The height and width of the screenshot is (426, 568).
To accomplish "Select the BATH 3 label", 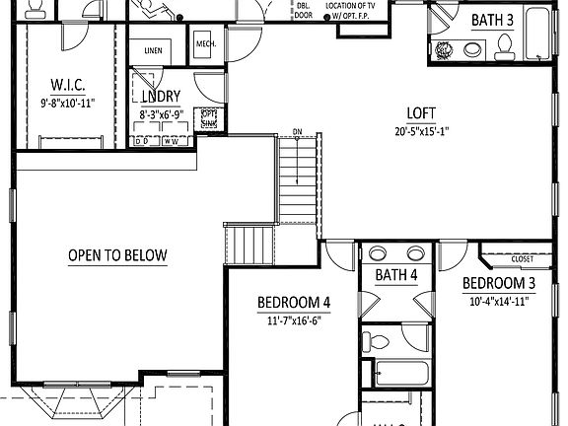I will (491, 19).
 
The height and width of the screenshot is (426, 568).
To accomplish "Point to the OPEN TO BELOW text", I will (117, 255).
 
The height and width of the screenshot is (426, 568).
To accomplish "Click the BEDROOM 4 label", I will (294, 302).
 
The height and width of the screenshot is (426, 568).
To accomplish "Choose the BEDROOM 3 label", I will (499, 283).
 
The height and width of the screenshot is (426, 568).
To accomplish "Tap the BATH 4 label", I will (396, 276).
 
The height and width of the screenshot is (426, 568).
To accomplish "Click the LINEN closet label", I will (153, 50).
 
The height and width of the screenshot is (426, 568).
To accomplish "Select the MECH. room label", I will (206, 44).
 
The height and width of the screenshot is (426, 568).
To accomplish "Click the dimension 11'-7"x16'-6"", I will (294, 320).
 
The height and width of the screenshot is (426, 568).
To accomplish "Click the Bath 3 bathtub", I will (537, 37).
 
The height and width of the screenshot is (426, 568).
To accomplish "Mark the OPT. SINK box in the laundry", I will (209, 117).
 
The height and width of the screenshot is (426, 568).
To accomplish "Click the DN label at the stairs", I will (296, 132).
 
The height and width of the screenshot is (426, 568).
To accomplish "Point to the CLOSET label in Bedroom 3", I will (523, 259).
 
